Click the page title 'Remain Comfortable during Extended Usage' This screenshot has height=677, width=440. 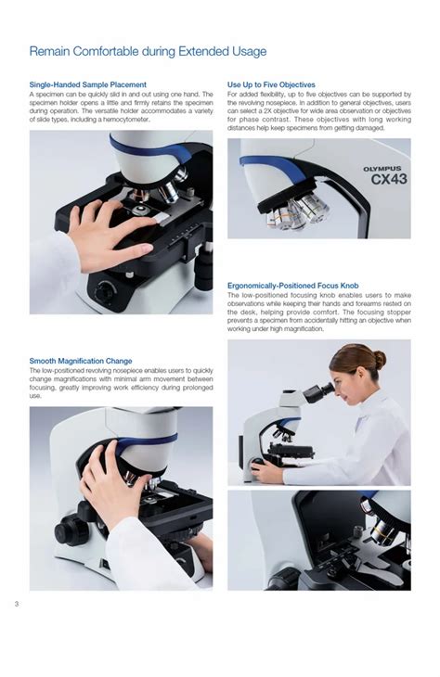[148, 51]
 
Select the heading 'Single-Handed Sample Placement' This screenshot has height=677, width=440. [87, 84]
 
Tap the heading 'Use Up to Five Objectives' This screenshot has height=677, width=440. [271, 84]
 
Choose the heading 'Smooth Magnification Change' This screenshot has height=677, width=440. [81, 361]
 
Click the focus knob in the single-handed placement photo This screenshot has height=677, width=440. [105, 290]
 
